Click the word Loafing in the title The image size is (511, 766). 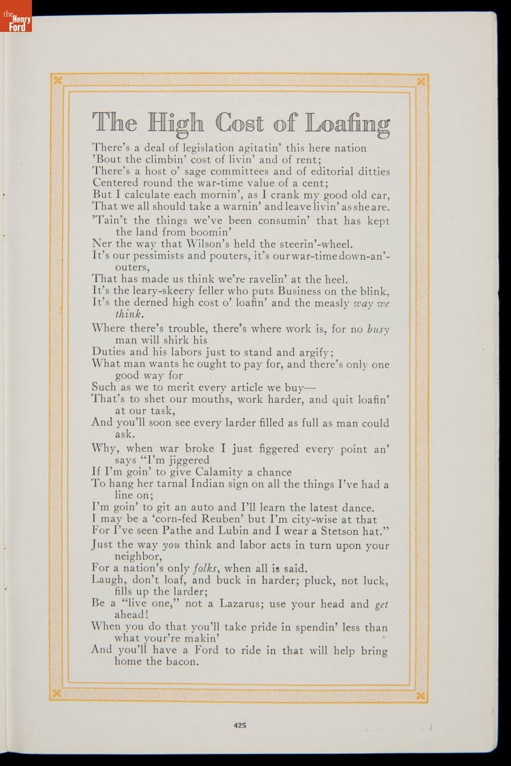(347, 123)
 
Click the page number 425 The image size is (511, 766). (240, 725)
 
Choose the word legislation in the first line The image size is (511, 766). (195, 148)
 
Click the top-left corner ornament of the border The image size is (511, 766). (57, 80)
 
